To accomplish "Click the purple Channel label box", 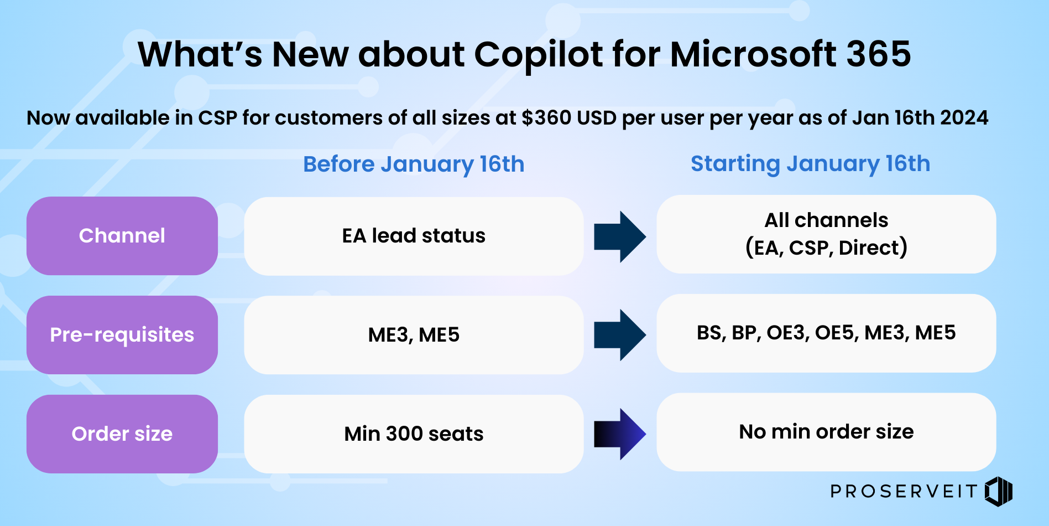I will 122,236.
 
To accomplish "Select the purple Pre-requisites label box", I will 122,335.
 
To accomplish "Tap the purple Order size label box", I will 122,434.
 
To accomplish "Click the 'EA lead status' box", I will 414,236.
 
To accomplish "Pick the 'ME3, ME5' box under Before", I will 414,335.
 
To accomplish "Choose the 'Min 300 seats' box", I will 414,434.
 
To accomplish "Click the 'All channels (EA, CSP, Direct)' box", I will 826,234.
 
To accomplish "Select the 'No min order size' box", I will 826,432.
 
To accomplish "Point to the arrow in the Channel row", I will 620,236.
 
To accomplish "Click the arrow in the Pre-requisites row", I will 620,335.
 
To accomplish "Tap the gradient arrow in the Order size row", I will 620,434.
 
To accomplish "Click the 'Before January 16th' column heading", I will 414,164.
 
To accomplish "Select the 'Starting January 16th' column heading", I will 810,164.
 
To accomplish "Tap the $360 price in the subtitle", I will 546,118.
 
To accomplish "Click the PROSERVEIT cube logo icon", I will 999,491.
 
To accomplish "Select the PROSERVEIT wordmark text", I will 904,491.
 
